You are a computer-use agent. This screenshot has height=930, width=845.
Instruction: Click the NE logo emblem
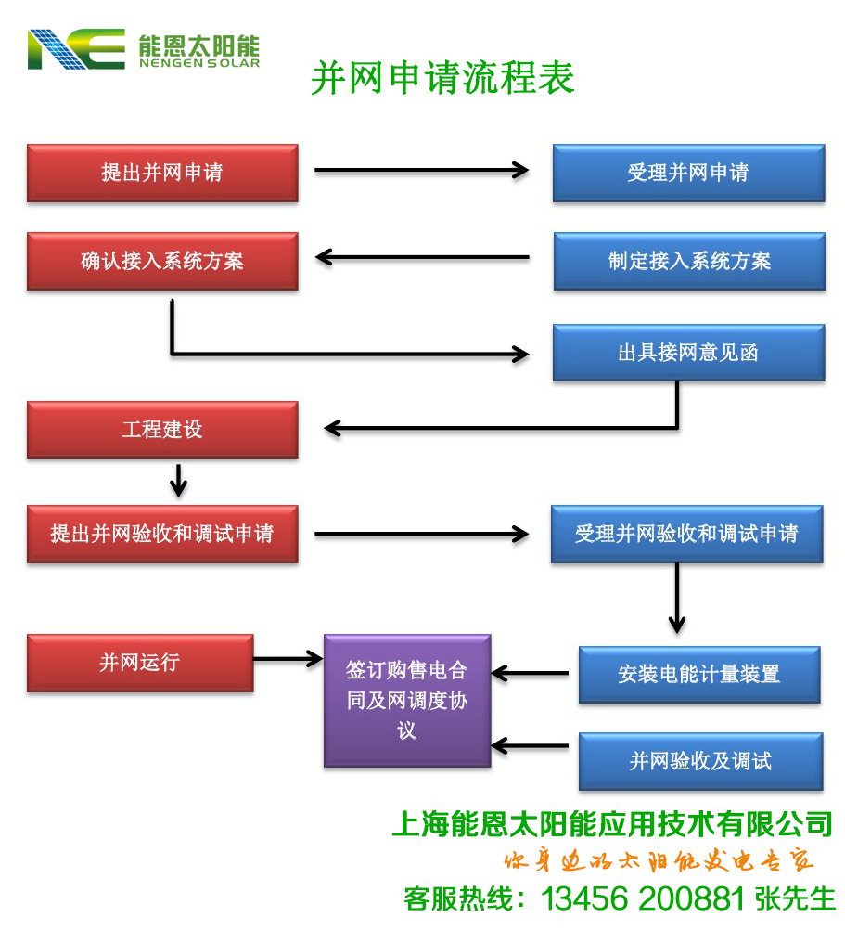coord(76,49)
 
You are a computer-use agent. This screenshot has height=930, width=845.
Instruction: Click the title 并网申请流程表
coord(442,78)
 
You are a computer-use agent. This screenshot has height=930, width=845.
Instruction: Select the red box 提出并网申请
coord(162,173)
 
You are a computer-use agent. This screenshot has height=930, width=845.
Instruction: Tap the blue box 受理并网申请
coord(688,173)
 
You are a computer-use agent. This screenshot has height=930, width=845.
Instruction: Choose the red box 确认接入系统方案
coord(162,262)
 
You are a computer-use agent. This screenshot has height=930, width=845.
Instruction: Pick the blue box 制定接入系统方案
coord(689,262)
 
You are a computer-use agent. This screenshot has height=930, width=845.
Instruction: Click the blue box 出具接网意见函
coord(688,353)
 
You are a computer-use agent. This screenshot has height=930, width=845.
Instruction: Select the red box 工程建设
coord(162,430)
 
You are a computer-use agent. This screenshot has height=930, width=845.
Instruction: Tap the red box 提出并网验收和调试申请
coord(162,535)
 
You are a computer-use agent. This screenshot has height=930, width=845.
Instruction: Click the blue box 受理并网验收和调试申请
coord(686,535)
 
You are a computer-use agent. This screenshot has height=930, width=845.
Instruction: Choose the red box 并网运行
coord(140,663)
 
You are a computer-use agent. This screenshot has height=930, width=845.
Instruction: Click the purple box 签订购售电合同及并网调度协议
coord(406,701)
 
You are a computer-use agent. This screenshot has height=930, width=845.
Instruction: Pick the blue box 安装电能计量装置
coord(699,675)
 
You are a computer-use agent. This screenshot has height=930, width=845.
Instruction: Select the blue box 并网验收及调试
coord(700,762)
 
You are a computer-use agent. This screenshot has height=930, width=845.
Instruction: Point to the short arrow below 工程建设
coord(179,481)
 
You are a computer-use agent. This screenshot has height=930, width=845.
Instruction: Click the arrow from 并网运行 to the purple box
coord(287,659)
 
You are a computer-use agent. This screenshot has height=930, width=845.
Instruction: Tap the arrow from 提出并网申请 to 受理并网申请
coord(421,170)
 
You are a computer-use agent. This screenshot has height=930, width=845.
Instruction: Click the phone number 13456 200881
coord(642,898)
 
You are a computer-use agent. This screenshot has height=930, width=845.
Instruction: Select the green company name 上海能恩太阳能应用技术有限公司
coord(612,823)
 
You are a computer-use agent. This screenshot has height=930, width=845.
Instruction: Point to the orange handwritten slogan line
coord(659,861)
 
